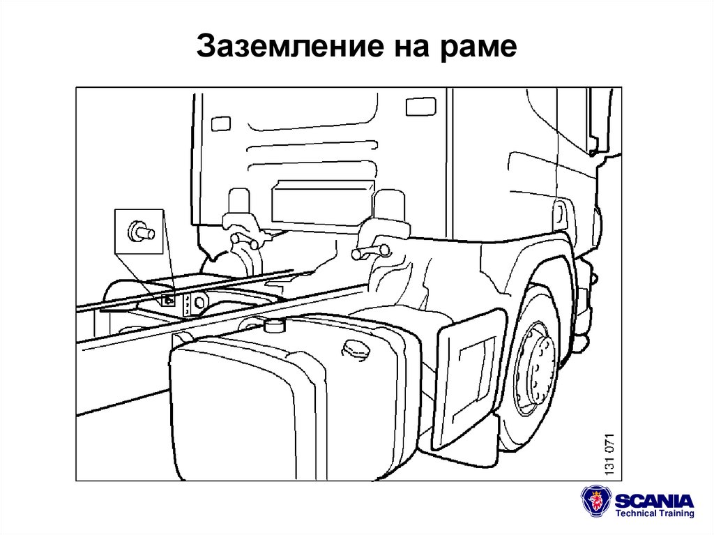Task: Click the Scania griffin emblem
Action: tap(597, 502)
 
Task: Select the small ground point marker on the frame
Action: tap(168, 300)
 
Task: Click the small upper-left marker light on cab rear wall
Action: tap(220, 123)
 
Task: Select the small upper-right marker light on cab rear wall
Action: tap(420, 107)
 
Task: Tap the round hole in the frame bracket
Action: tap(201, 303)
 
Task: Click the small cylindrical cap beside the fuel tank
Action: tap(275, 326)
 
